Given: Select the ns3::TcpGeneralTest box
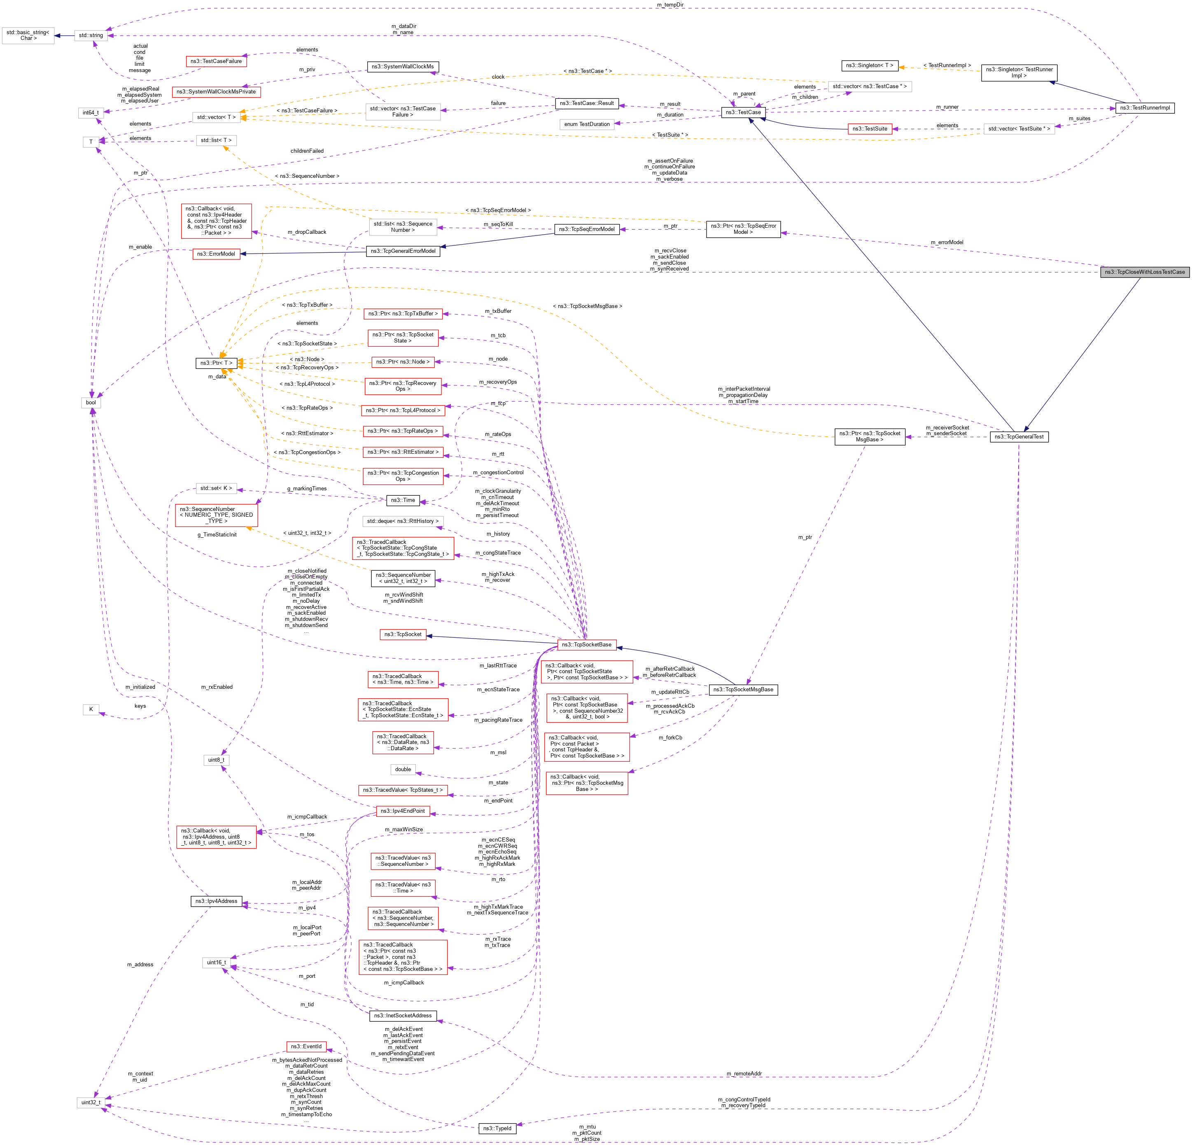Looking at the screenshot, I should pyautogui.click(x=1019, y=436).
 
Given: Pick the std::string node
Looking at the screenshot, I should pyautogui.click(x=91, y=35).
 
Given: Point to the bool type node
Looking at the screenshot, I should pyautogui.click(x=91, y=403).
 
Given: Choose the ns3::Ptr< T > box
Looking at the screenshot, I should pyautogui.click(x=216, y=363).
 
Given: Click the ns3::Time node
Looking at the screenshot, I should pyautogui.click(x=403, y=500).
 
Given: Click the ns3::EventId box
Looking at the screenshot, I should pyautogui.click(x=306, y=1047).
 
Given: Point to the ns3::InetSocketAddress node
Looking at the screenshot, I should pyautogui.click(x=403, y=1015).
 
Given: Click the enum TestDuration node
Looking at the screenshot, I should pyautogui.click(x=586, y=124).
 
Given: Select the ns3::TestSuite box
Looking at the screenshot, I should pyautogui.click(x=869, y=129).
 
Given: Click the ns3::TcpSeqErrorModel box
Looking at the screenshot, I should pyautogui.click(x=586, y=229).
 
